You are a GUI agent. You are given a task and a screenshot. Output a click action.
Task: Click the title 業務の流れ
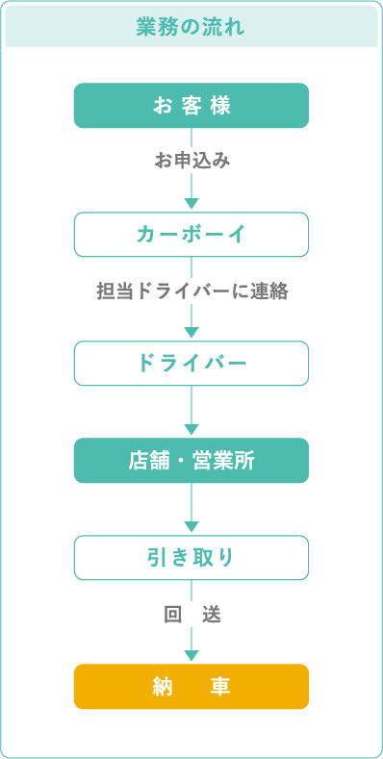(191, 27)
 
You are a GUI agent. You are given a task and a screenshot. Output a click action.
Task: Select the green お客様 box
(191, 105)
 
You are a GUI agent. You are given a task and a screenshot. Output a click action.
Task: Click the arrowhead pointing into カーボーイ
(191, 203)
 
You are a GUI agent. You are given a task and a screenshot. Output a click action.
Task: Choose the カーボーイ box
(191, 234)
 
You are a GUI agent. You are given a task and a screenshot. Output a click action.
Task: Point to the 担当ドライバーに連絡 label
(192, 291)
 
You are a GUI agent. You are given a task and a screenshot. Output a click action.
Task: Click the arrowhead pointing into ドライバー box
(191, 332)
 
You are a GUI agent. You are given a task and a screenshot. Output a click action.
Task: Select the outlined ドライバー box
(191, 363)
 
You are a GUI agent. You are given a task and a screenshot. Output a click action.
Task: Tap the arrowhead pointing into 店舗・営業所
(191, 429)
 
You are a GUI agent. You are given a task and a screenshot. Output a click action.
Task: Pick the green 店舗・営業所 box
(191, 460)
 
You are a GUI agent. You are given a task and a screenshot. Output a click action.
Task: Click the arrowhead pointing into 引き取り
(191, 526)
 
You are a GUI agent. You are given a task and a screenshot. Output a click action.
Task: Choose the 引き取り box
(191, 557)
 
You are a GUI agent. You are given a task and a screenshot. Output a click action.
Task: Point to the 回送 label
(192, 614)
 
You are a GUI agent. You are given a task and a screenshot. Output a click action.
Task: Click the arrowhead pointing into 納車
(191, 655)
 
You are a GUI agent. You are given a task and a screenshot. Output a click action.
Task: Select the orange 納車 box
(191, 686)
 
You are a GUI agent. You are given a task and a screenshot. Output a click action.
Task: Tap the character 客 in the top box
(191, 105)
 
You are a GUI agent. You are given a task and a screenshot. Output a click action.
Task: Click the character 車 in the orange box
(221, 686)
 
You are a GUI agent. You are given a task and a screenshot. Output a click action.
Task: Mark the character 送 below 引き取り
(212, 614)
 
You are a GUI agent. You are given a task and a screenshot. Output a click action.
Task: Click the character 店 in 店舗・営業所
(138, 460)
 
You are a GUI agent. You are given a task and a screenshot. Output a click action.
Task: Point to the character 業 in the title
(146, 27)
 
